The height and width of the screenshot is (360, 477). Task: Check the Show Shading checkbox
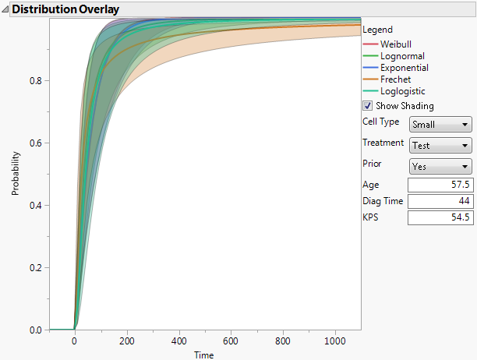(x=368, y=106)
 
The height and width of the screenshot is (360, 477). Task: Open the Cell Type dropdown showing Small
(x=440, y=124)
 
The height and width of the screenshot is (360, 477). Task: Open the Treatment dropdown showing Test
(x=440, y=145)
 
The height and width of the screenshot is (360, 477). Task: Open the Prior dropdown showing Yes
(x=440, y=166)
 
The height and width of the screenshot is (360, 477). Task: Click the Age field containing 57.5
(x=440, y=185)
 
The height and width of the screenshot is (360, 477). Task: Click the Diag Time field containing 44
(x=440, y=201)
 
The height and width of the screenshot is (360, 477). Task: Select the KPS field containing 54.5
(x=440, y=217)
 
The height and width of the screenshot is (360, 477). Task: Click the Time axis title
(x=204, y=355)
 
